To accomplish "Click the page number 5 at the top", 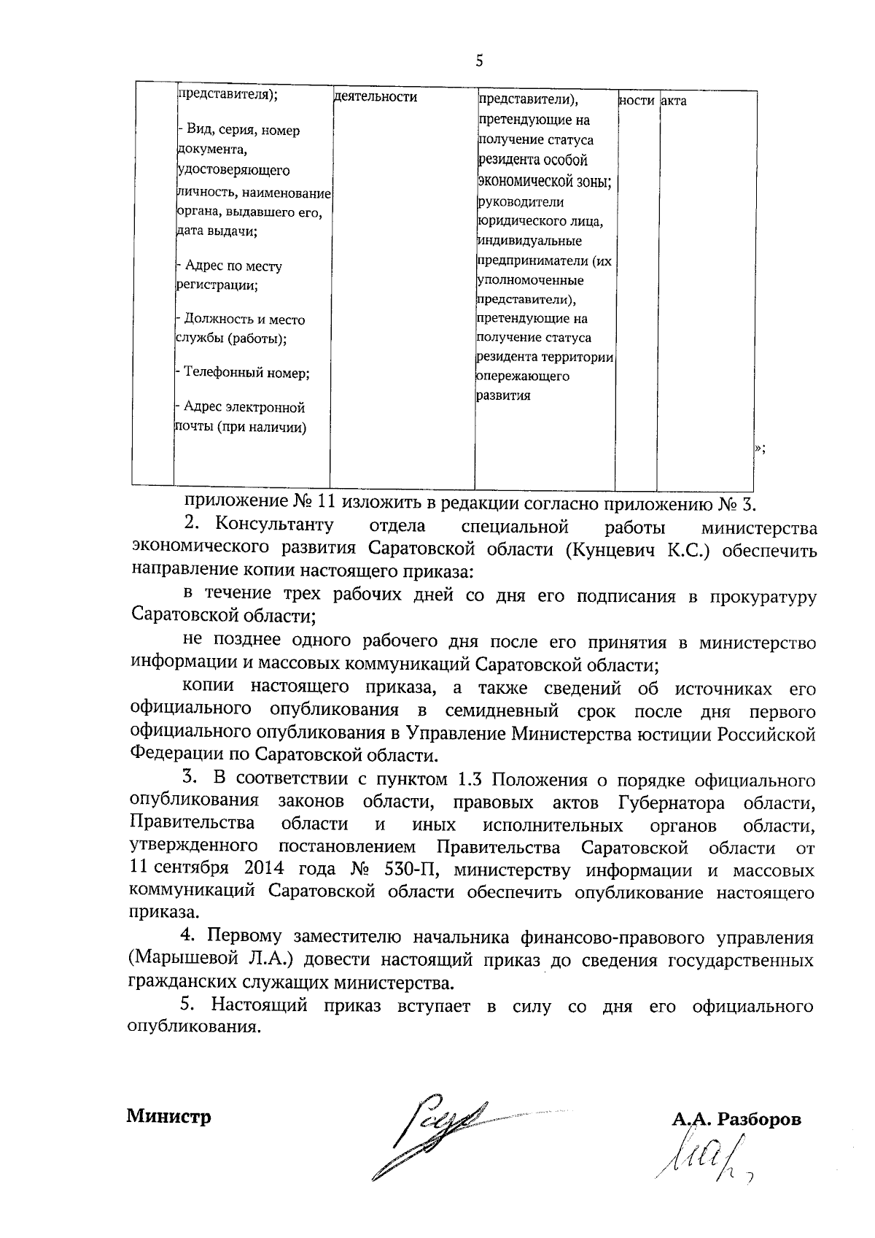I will click(x=479, y=61).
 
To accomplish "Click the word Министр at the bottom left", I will click(x=168, y=1116).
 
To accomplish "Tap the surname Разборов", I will click(x=759, y=1119).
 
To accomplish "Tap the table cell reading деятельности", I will click(x=376, y=97).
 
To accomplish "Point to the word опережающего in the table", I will click(x=524, y=376).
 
